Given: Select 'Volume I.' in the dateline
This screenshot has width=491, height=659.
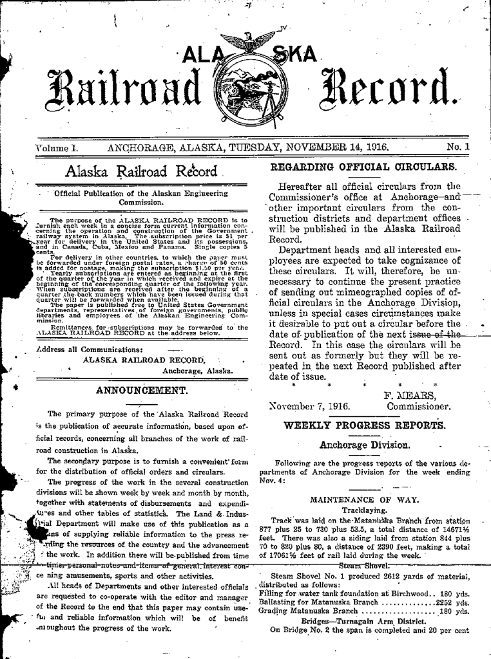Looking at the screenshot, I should pos(56,147).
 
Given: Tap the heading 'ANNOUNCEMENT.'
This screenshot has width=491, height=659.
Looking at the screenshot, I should pos(141,389).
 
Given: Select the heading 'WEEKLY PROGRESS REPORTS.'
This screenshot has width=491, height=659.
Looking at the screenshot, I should pos(364,425).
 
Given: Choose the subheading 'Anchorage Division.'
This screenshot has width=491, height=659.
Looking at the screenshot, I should pos(365,445).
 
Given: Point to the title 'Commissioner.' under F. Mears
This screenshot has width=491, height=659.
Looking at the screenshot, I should pos(418,407).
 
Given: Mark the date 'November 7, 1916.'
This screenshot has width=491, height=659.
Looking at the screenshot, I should pos(309,407).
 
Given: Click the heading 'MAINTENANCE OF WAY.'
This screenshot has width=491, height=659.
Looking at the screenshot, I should pos(364,499).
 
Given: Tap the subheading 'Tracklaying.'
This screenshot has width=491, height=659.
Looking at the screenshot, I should pos(364,510).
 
